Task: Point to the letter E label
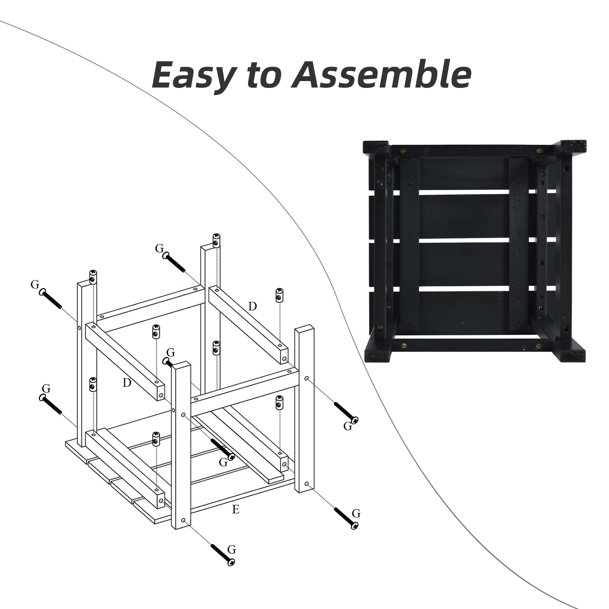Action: (236, 509)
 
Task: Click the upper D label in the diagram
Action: (252, 306)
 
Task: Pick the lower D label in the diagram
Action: (127, 383)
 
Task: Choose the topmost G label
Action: (159, 249)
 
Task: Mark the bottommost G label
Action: (231, 550)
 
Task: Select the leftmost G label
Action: (35, 284)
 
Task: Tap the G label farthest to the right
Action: (356, 513)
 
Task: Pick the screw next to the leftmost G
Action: (51, 299)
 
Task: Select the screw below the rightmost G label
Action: (346, 518)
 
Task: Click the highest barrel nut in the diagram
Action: (216, 240)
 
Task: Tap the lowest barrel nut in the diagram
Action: (156, 439)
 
